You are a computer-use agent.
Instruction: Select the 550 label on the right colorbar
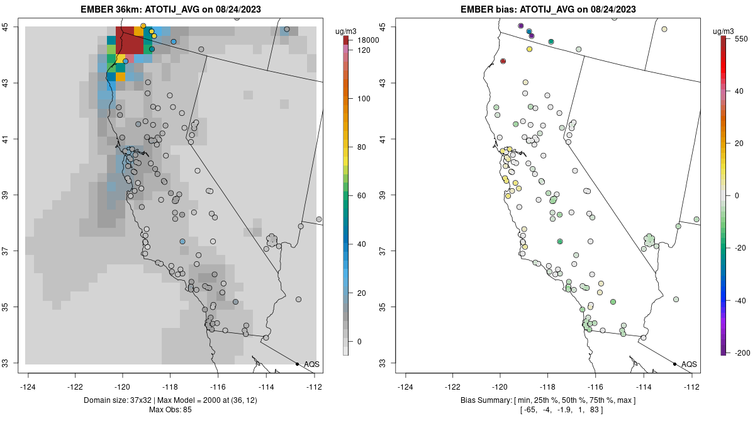click(x=741, y=38)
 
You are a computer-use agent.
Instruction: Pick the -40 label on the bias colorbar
click(x=741, y=300)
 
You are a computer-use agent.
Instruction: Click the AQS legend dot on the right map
click(x=674, y=364)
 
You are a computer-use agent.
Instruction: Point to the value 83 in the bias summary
click(x=593, y=410)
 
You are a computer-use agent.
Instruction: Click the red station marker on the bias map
click(x=503, y=61)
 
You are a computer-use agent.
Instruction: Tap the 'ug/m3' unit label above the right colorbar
click(x=727, y=31)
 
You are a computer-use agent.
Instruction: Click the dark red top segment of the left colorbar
click(x=346, y=40)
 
